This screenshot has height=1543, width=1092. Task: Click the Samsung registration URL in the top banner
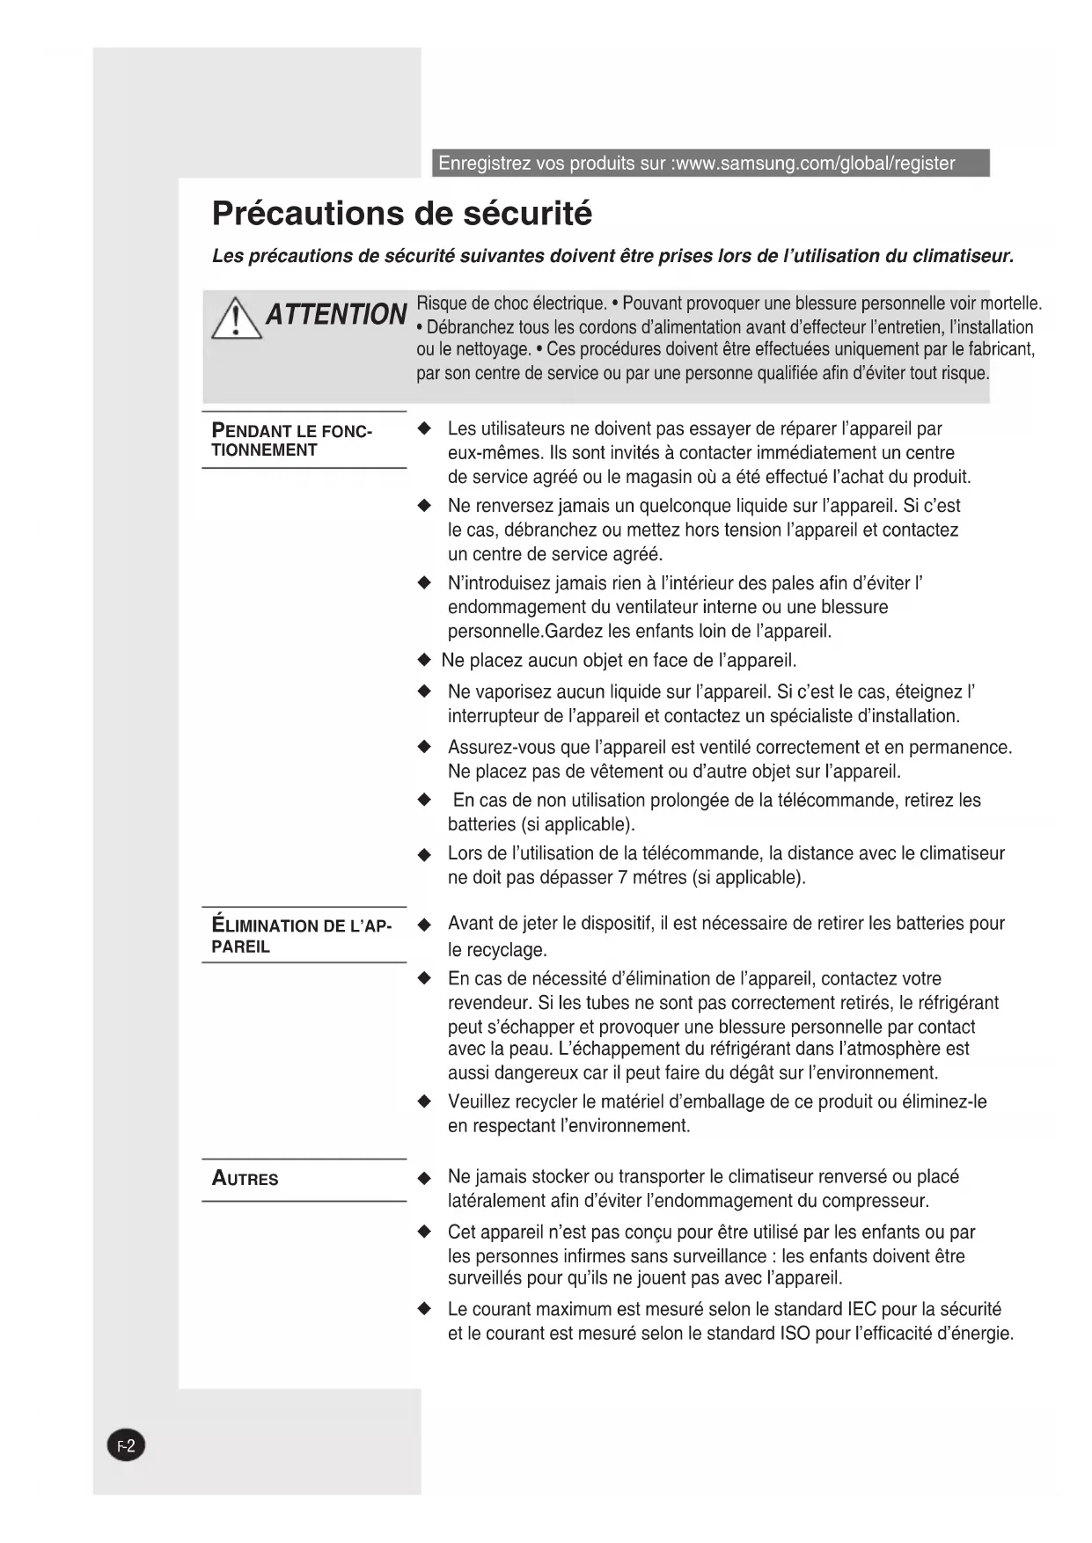click(x=814, y=164)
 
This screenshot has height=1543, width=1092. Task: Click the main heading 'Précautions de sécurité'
click(x=402, y=214)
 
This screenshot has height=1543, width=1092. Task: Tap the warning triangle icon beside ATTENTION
click(x=236, y=318)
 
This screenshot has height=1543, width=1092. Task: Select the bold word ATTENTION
click(x=336, y=314)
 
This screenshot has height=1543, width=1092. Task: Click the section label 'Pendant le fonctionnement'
click(x=291, y=440)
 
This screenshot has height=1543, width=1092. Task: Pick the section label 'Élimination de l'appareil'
click(x=301, y=936)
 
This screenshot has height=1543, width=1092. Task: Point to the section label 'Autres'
click(x=245, y=1179)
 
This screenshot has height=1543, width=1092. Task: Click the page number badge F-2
click(x=126, y=1445)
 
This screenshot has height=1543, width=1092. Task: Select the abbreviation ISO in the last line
click(x=795, y=1334)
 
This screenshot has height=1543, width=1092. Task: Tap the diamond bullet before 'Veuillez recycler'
click(x=425, y=1102)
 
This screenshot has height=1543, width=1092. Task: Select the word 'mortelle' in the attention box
click(x=1011, y=304)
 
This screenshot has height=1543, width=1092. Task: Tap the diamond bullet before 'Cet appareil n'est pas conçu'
click(x=425, y=1232)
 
